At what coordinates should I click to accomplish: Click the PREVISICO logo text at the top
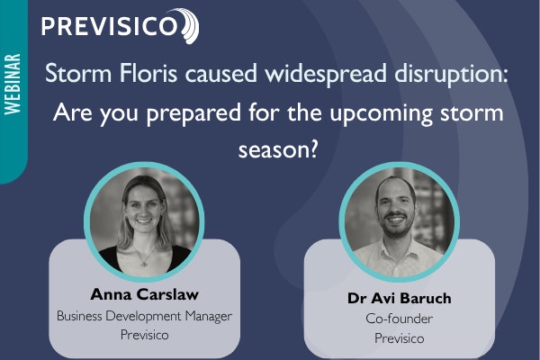(x=110, y=24)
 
